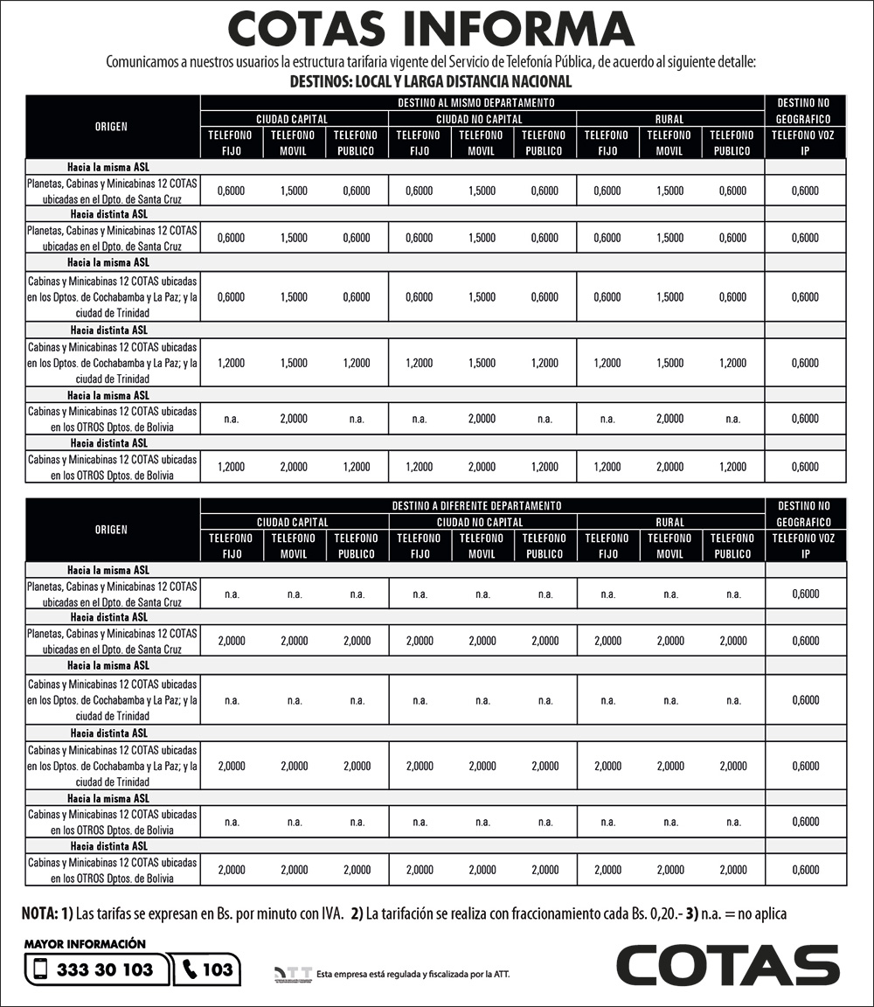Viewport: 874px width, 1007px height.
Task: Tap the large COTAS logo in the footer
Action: pyautogui.click(x=727, y=964)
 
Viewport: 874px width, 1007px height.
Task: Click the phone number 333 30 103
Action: pyautogui.click(x=105, y=969)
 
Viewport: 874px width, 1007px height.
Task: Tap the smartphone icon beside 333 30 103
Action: pyautogui.click(x=40, y=969)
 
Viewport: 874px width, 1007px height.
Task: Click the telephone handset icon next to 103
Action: pyautogui.click(x=191, y=969)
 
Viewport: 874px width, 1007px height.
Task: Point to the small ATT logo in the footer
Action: pyautogui.click(x=293, y=973)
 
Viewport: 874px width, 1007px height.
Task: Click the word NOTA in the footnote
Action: pyautogui.click(x=39, y=913)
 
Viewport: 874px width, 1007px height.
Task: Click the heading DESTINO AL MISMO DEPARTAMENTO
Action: pyautogui.click(x=482, y=102)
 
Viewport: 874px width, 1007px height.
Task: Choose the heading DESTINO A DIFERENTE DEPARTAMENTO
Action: pyautogui.click(x=482, y=505)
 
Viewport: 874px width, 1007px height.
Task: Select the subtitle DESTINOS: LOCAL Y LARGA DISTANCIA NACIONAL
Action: pyautogui.click(x=430, y=81)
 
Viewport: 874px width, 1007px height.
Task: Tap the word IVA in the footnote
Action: pyautogui.click(x=328, y=913)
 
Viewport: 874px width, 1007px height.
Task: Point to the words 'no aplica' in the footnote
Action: pyautogui.click(x=760, y=913)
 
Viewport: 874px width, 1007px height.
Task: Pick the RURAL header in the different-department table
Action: pyautogui.click(x=669, y=522)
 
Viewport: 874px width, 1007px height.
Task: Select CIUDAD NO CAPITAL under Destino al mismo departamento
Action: pyautogui.click(x=482, y=119)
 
